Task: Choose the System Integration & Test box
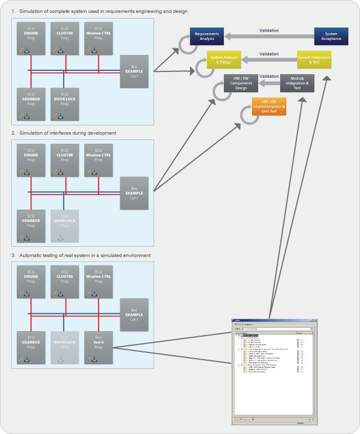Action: click(x=314, y=60)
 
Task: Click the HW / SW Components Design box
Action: click(x=241, y=83)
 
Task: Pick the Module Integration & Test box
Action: click(x=298, y=83)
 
